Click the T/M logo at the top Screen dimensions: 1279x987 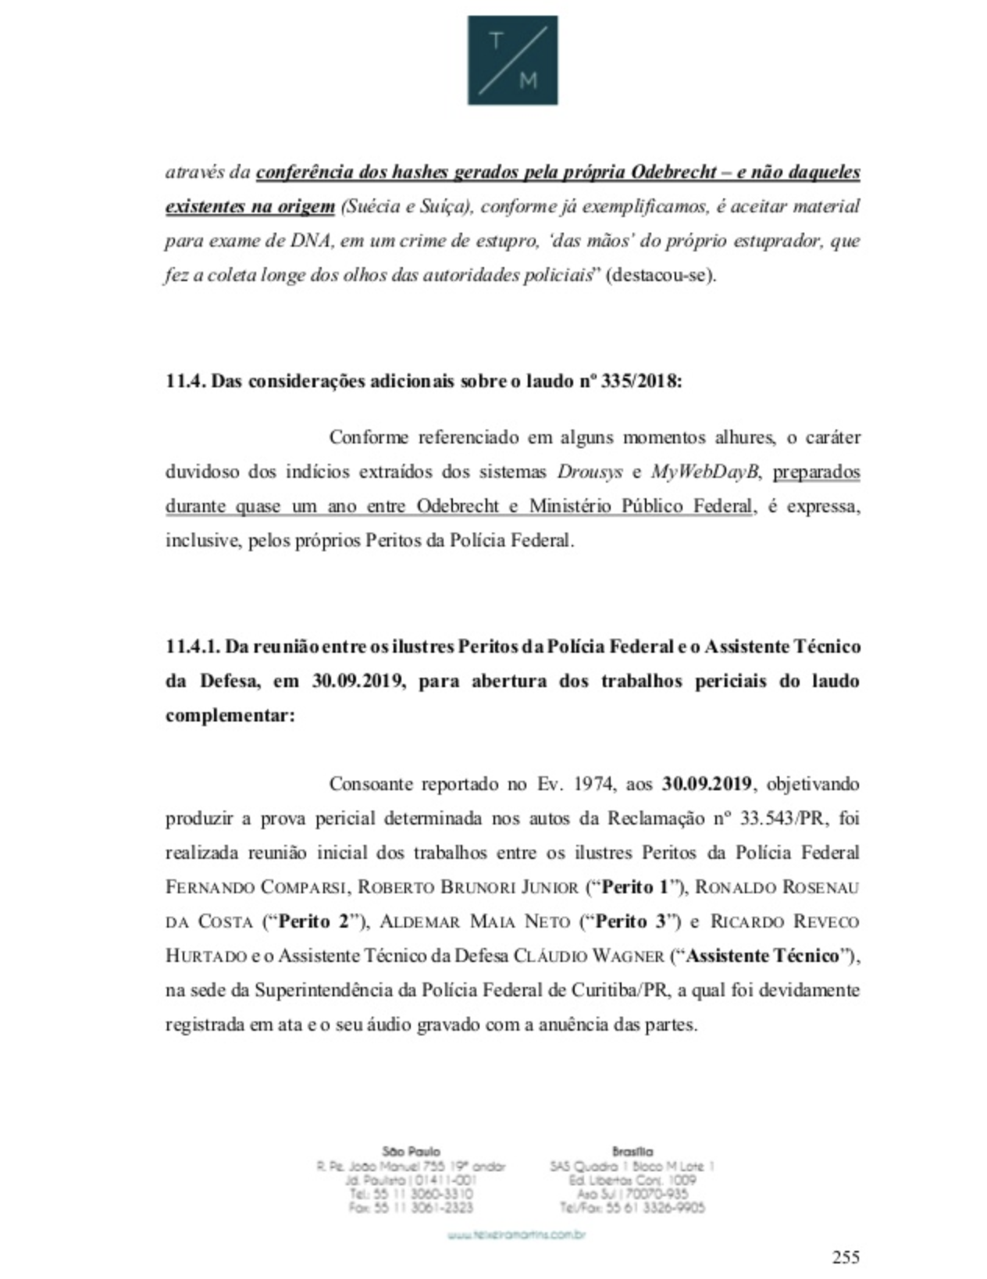(x=512, y=60)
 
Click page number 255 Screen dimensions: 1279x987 (x=846, y=1256)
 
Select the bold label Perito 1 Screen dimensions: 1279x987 (x=637, y=887)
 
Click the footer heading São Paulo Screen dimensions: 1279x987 (x=412, y=1151)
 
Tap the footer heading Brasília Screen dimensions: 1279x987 (x=632, y=1151)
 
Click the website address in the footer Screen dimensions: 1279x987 (x=516, y=1235)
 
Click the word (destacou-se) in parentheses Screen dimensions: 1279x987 (x=661, y=276)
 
